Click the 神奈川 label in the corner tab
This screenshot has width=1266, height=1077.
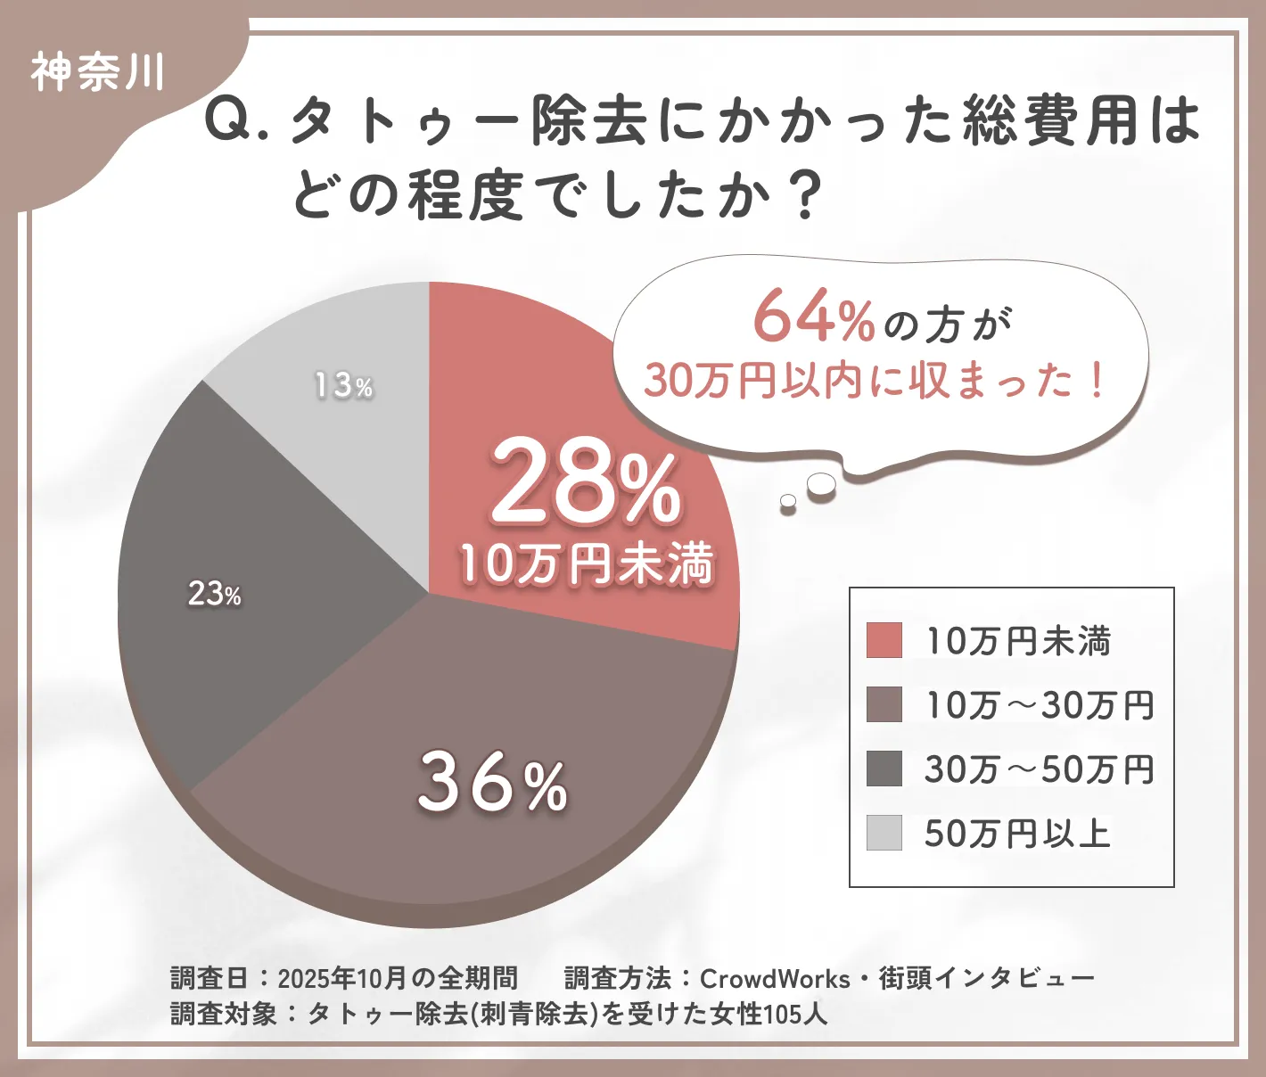(98, 72)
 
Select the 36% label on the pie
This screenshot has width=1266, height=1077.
(492, 783)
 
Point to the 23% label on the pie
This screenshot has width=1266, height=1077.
(214, 594)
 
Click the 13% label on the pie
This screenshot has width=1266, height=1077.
(343, 385)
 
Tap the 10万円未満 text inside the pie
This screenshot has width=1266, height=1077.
(587, 563)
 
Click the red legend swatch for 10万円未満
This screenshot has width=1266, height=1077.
(884, 640)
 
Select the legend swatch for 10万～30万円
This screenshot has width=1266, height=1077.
(884, 704)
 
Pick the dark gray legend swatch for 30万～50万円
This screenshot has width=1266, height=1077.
(884, 769)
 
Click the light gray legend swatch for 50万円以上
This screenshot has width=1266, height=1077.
(884, 833)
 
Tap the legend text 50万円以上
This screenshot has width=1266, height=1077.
(1017, 834)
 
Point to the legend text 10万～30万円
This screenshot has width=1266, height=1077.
(1039, 705)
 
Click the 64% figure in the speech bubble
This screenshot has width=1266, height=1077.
(813, 318)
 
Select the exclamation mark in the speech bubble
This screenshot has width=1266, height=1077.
(1096, 381)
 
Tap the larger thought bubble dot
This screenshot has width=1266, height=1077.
(821, 484)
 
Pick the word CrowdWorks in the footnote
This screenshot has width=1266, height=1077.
(774, 979)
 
